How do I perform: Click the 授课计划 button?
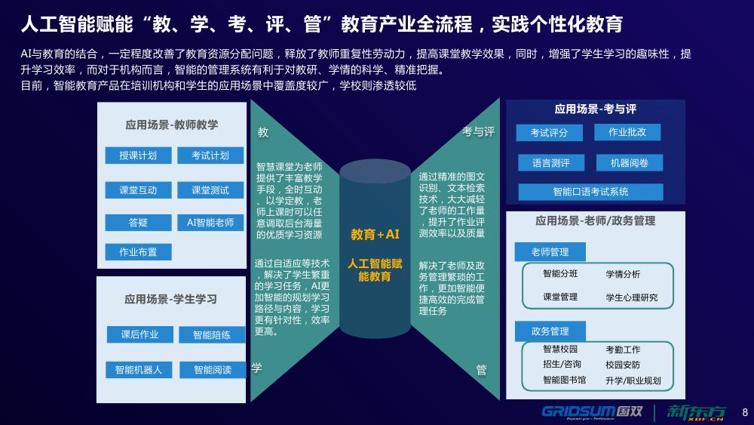coord(138,156)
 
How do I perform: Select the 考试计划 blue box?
coord(210,156)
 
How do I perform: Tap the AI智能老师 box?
coord(210,223)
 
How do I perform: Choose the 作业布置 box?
coord(138,251)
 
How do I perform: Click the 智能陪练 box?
coord(212,334)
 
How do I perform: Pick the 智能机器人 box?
coord(139,370)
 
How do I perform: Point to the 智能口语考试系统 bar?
coord(590,192)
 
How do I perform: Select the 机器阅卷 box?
coord(630,163)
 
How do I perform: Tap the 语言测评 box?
coord(551,163)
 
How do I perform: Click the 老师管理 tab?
coord(550,251)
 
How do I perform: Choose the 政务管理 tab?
coord(550,331)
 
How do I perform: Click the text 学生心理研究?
coord(631,297)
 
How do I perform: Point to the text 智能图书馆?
coord(565,380)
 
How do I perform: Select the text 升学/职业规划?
coord(633,380)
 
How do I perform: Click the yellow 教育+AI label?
coord(375,235)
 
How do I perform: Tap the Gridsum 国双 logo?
coord(592,412)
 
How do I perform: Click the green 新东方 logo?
coord(696,412)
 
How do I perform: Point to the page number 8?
coord(745,412)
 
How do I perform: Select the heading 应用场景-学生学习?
coord(170,299)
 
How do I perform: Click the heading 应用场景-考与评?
coord(596,109)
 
